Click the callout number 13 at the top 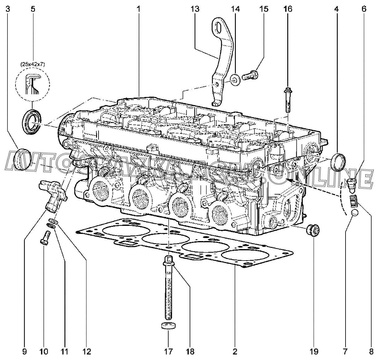click(195, 9)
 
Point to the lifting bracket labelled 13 click(222, 59)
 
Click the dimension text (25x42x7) click(32, 64)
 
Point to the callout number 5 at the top click(33, 9)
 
